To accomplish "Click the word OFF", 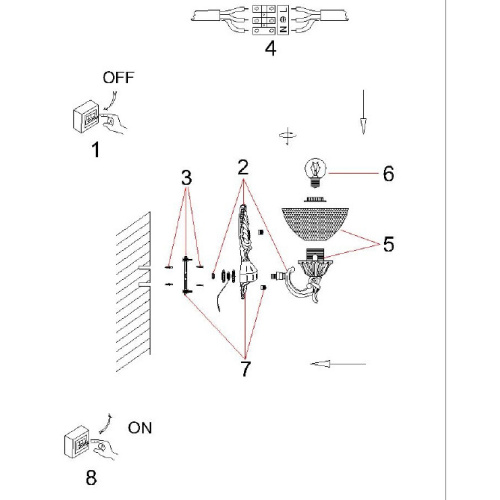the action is tap(118, 78).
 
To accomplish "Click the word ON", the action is tap(140, 428).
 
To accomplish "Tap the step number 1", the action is tap(96, 150).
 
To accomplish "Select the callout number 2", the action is tap(243, 168).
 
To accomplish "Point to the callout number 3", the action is tap(187, 178).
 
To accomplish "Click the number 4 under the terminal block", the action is tap(271, 48).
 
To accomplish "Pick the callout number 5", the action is tap(389, 244).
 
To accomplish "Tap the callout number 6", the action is tap(389, 174).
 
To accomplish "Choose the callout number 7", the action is tap(245, 369).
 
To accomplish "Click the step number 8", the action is tap(91, 478).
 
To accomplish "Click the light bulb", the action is tap(316, 173).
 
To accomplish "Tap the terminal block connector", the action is tap(270, 20).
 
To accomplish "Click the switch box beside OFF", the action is tap(86, 117).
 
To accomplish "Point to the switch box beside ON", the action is tap(77, 442).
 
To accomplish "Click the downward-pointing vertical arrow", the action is tap(363, 112).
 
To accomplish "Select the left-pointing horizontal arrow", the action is tap(338, 364).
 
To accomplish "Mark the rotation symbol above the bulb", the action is tap(287, 136).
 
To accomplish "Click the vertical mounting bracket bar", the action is tap(186, 275).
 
